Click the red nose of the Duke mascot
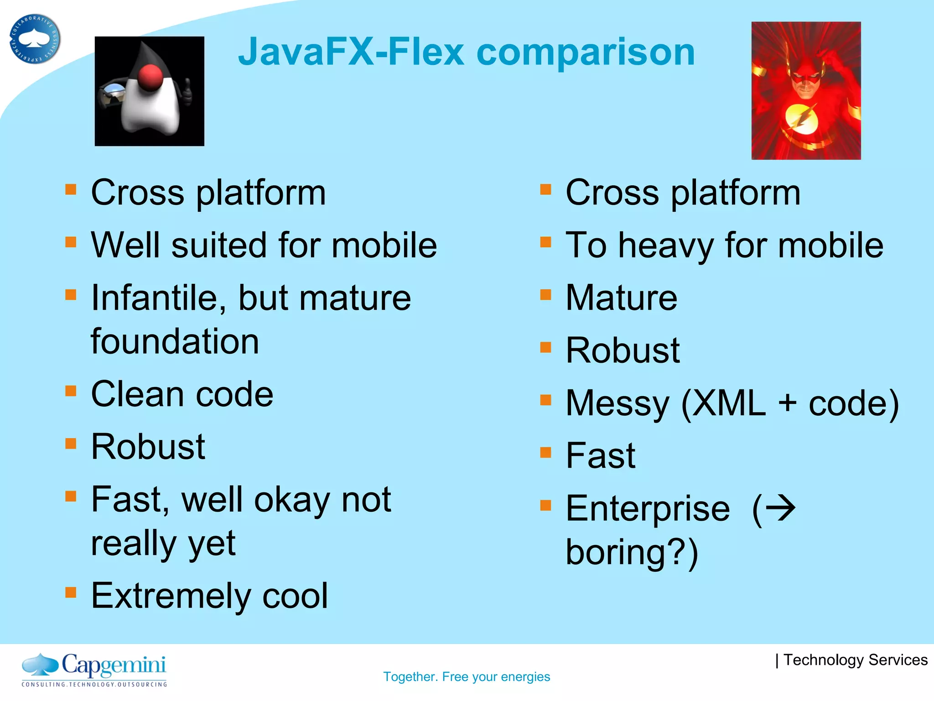150,78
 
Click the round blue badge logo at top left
35,39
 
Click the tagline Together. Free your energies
467,676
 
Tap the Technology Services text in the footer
855,660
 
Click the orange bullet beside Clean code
71,391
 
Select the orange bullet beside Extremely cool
71,592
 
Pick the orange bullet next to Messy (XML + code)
545,400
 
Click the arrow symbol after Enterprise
780,508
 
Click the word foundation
175,341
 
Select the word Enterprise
648,508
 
